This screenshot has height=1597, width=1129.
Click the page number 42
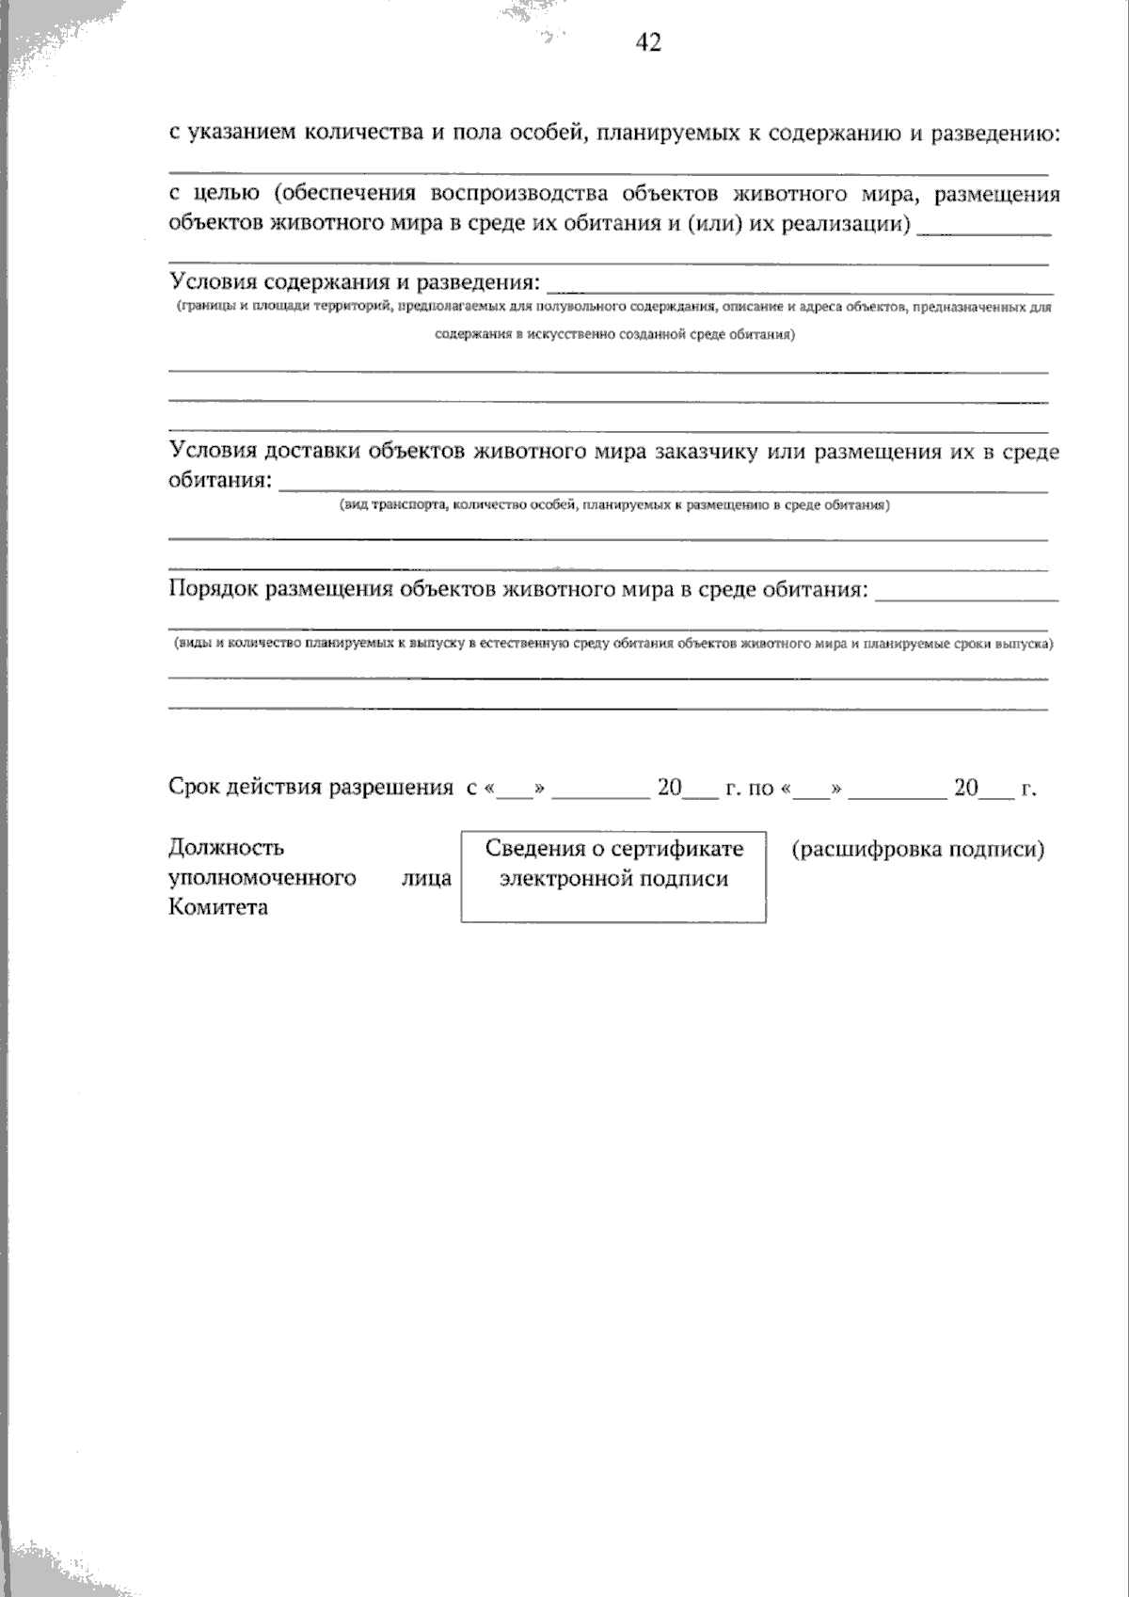click(648, 43)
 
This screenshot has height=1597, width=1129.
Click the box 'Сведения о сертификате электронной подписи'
click(613, 876)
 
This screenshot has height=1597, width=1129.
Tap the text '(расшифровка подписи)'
click(917, 850)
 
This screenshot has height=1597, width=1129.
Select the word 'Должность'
click(226, 848)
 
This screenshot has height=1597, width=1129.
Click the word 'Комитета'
click(218, 907)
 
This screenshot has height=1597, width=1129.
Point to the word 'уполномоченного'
click(262, 878)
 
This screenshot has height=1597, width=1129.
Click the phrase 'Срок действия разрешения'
click(310, 788)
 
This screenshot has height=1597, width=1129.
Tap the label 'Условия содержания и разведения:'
click(355, 281)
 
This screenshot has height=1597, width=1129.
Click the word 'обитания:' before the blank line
click(221, 481)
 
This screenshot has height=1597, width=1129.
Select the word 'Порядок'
click(215, 590)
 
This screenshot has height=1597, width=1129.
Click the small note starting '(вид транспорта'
click(614, 505)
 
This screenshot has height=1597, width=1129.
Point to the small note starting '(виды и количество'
click(612, 645)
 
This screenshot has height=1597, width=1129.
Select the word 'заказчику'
click(713, 452)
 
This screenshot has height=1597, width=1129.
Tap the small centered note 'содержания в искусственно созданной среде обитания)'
click(614, 335)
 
